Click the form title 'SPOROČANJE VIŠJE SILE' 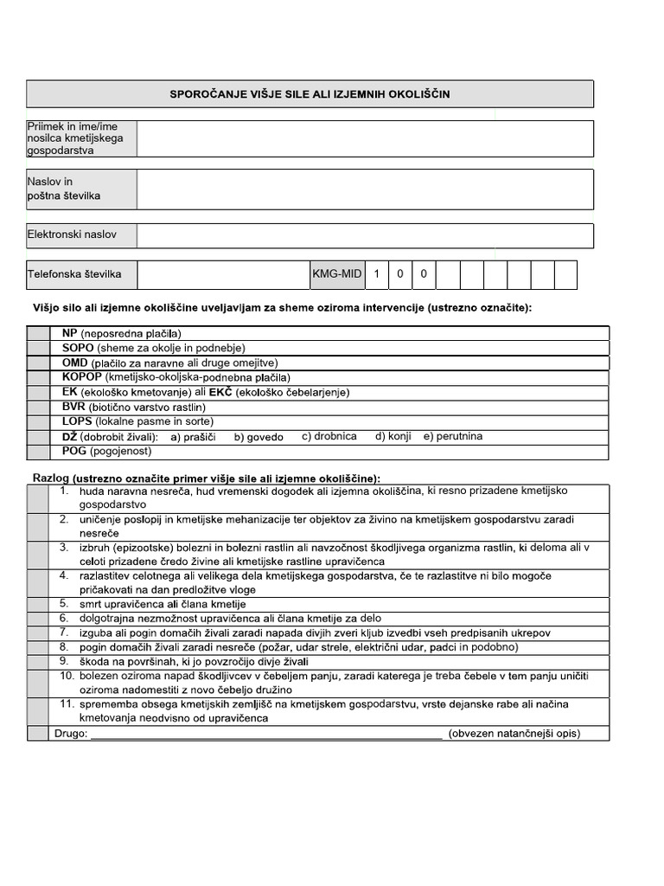tap(310, 93)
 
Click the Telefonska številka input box tap(223, 275)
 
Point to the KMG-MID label tap(336, 275)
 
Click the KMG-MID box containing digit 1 tap(376, 275)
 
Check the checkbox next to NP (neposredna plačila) tap(39, 333)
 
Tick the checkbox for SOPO tap(39, 348)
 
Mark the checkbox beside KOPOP tap(39, 377)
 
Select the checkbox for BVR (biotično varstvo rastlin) tap(39, 407)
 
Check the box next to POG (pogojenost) tap(39, 451)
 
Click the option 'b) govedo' tap(259, 437)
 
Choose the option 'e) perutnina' tap(453, 436)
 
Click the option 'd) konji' tap(393, 436)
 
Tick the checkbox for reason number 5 tap(37, 604)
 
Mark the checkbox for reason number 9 tap(37, 662)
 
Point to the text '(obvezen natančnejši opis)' tap(514, 734)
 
